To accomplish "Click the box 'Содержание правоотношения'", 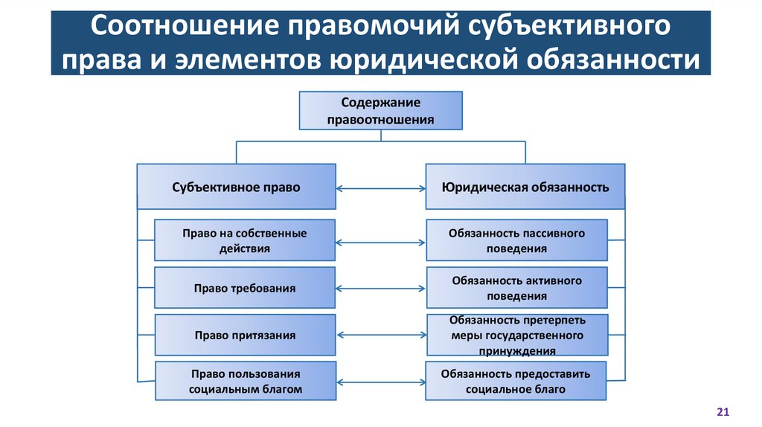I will [380, 110].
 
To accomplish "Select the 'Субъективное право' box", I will [236, 187].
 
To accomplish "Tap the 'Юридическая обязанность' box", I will [525, 187].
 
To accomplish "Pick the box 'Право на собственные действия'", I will [244, 240].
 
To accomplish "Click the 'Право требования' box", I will [244, 288].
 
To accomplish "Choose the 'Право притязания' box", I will [244, 335].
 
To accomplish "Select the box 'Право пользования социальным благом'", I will [244, 380].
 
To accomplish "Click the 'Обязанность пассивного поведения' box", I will [516, 240].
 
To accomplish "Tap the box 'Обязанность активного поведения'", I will [516, 288].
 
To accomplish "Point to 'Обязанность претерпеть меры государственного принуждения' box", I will [516, 335].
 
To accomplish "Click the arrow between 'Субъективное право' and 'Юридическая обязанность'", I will [380, 187].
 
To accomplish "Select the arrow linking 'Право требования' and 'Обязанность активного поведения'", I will [380, 289].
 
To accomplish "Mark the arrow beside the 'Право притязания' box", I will [380, 335].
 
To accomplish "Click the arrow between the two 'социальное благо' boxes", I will [380, 381].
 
